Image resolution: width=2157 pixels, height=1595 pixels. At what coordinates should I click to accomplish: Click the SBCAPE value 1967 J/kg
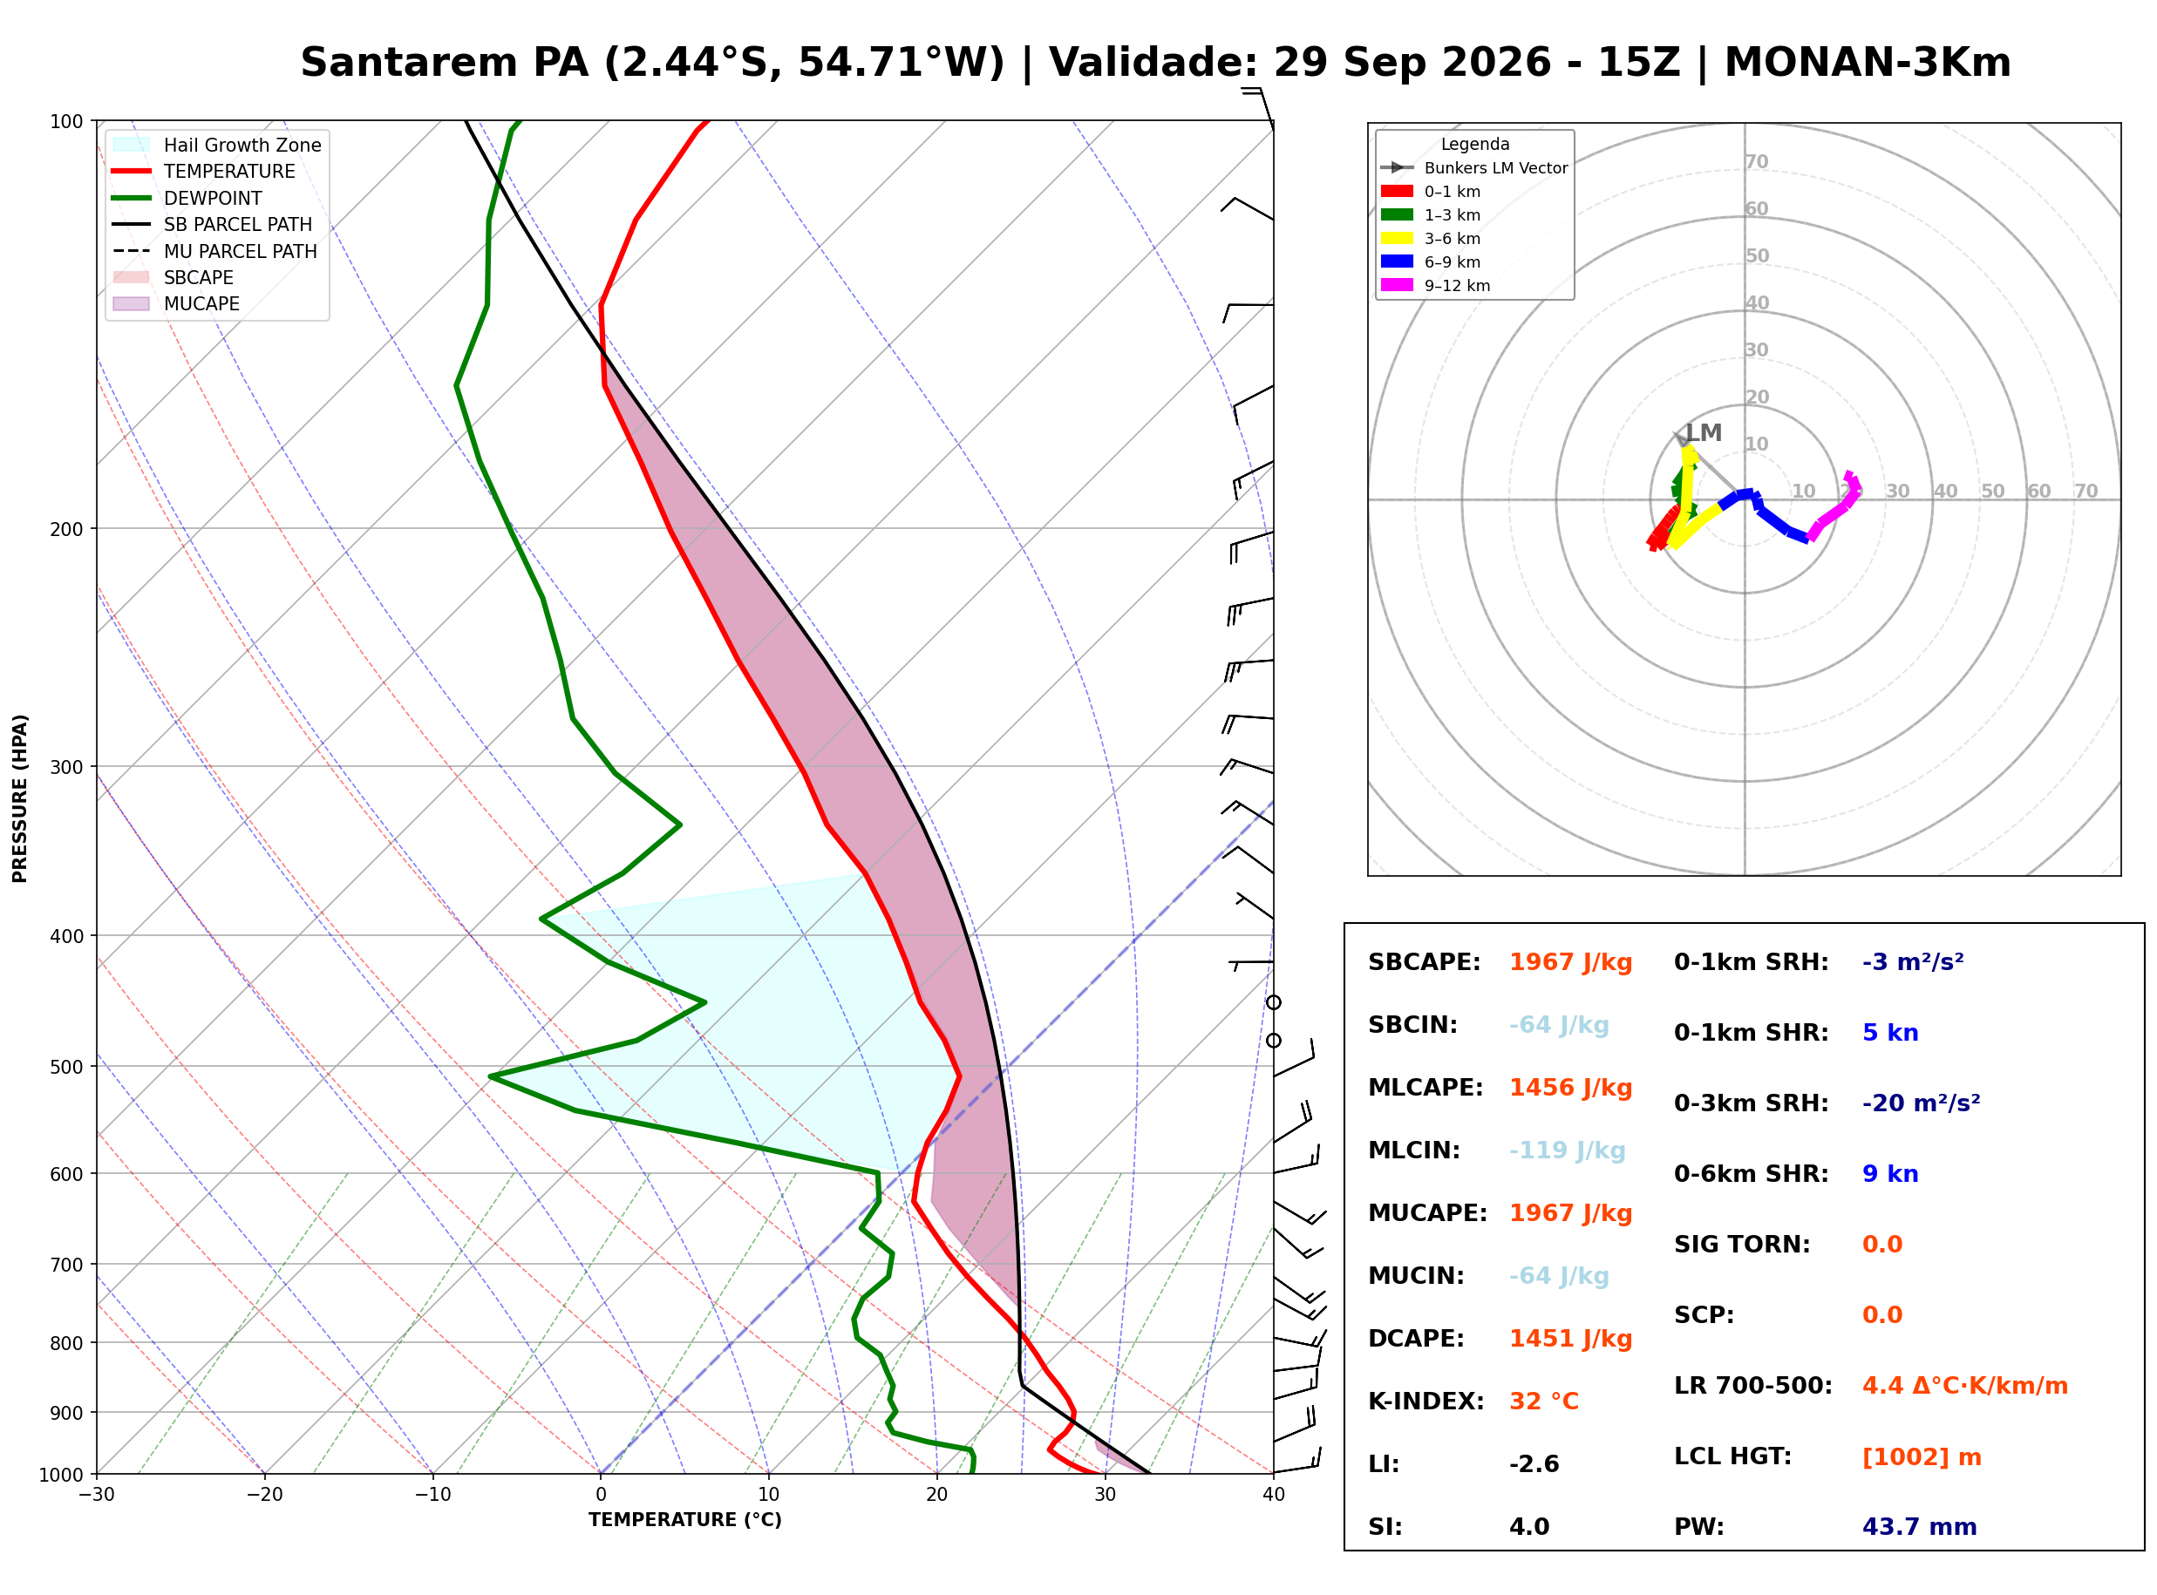click(x=1570, y=962)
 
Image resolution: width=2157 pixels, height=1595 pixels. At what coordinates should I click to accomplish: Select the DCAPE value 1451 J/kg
click(x=1570, y=1339)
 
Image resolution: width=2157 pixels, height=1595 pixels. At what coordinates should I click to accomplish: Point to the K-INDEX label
click(x=1426, y=1402)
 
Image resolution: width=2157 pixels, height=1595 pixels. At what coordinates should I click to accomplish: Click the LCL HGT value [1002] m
click(x=1922, y=1457)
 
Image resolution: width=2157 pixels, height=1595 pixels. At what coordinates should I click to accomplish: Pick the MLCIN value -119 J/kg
click(x=1567, y=1150)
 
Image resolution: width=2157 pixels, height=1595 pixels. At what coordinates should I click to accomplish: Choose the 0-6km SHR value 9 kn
click(x=1889, y=1174)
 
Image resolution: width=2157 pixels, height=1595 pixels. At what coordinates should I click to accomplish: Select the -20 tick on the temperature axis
click(x=264, y=1495)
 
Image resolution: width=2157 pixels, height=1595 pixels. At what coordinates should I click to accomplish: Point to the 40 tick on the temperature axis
click(x=1273, y=1495)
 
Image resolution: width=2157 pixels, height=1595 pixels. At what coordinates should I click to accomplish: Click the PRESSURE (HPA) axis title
click(x=20, y=798)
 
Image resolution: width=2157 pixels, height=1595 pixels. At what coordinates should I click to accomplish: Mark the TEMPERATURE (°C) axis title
click(x=684, y=1520)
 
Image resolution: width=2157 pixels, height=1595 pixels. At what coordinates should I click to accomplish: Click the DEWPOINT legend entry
click(x=213, y=198)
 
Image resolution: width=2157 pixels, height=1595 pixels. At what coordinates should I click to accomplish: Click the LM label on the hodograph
click(x=1704, y=432)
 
